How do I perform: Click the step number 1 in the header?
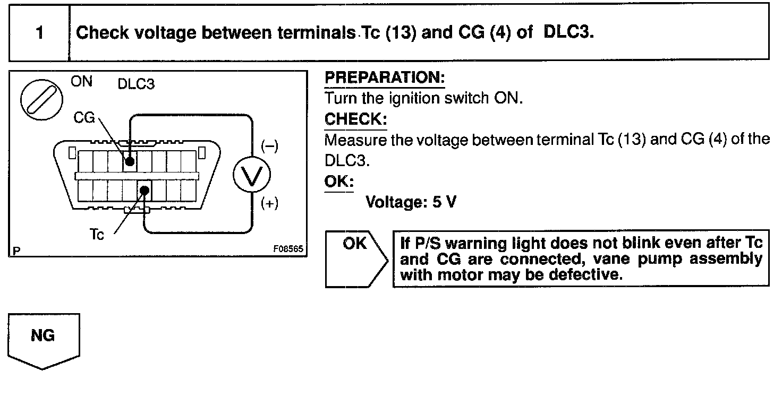(39, 33)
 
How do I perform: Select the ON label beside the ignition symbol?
(81, 82)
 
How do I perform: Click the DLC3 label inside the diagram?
(136, 85)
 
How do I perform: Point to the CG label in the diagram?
(84, 118)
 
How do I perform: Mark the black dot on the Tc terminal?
(143, 189)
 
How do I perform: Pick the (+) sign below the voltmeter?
(269, 204)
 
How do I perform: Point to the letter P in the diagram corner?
(15, 250)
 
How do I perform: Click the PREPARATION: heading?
(384, 78)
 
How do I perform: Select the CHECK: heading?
(355, 119)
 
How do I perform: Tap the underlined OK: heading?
(339, 182)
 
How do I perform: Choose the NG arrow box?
(44, 340)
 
